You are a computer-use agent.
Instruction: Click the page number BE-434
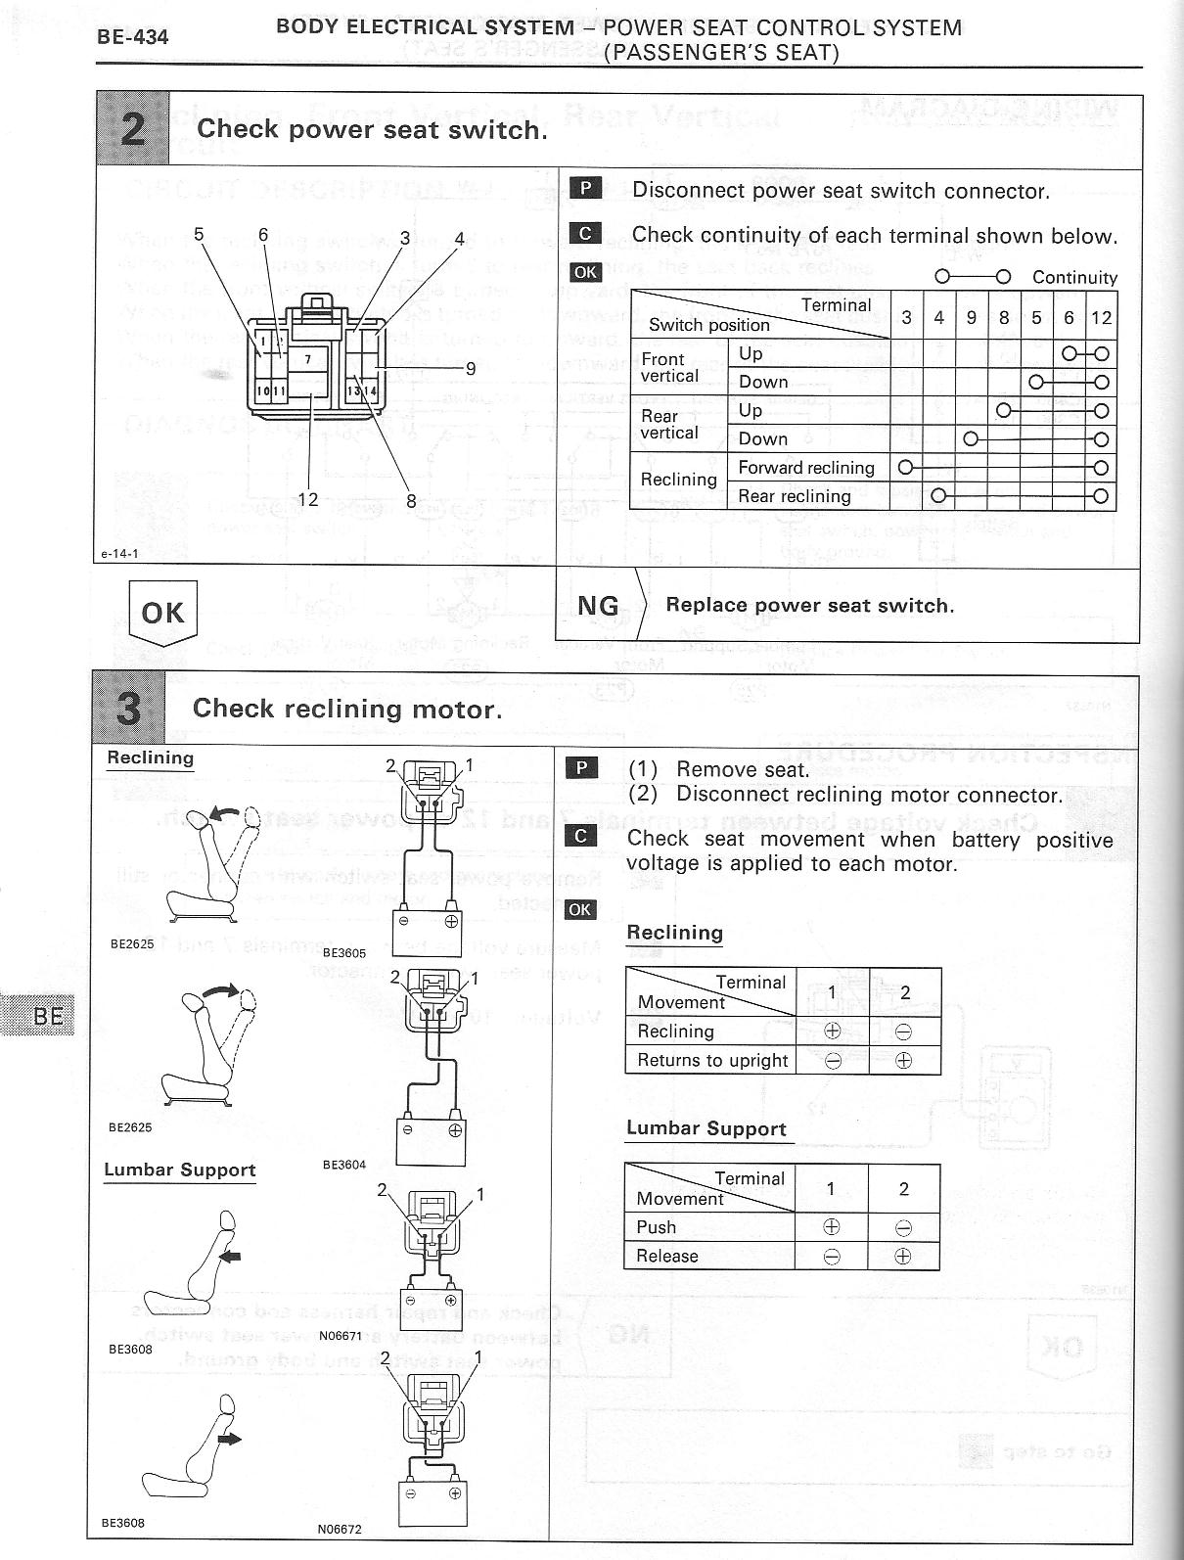[132, 37]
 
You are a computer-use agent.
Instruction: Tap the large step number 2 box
[133, 128]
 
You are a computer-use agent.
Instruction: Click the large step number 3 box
[129, 710]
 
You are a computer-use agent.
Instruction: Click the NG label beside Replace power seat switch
[598, 606]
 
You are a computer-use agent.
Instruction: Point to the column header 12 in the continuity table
[1101, 317]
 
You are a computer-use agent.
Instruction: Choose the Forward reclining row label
[805, 468]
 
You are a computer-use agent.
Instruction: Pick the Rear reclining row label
[794, 496]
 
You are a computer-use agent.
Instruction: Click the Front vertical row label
[669, 367]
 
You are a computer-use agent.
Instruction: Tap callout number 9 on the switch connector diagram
[471, 369]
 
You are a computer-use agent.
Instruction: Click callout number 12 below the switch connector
[307, 499]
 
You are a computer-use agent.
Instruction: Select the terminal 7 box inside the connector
[307, 359]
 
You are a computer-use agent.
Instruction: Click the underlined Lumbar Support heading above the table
[706, 1128]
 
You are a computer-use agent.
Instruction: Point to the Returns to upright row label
[712, 1060]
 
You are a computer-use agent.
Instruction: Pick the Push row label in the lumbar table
[656, 1227]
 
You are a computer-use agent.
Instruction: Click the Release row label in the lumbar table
[667, 1257]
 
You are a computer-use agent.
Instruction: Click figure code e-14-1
[120, 554]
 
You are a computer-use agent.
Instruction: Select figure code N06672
[340, 1529]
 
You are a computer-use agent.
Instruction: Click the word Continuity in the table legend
[1074, 278]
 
